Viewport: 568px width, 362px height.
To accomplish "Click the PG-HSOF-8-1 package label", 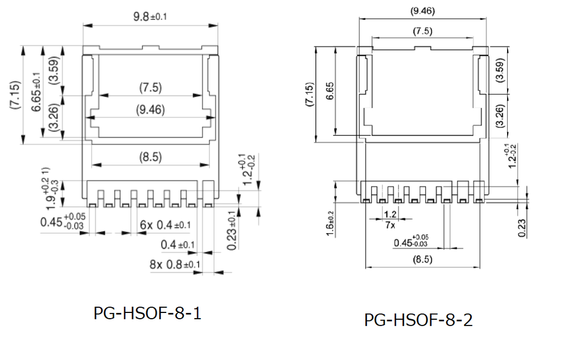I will [x=147, y=314].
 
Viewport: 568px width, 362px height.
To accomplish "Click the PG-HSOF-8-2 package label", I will [x=418, y=320].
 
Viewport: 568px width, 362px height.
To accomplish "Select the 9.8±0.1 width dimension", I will [x=150, y=17].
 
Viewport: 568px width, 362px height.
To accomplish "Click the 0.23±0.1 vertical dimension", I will [x=232, y=231].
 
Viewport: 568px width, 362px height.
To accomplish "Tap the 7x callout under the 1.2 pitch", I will [x=390, y=225].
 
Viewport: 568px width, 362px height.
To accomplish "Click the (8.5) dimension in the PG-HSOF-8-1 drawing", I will [x=150, y=156].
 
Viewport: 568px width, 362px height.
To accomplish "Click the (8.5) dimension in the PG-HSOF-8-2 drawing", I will [x=421, y=259].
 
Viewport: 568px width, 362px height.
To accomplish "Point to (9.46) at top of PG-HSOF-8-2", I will [x=422, y=10].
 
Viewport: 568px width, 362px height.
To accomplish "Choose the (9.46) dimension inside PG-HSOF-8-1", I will [x=150, y=110].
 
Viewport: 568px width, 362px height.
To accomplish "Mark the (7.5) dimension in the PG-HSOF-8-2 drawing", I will [x=421, y=31].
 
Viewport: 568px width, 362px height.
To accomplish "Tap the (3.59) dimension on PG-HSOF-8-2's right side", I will [x=501, y=70].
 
